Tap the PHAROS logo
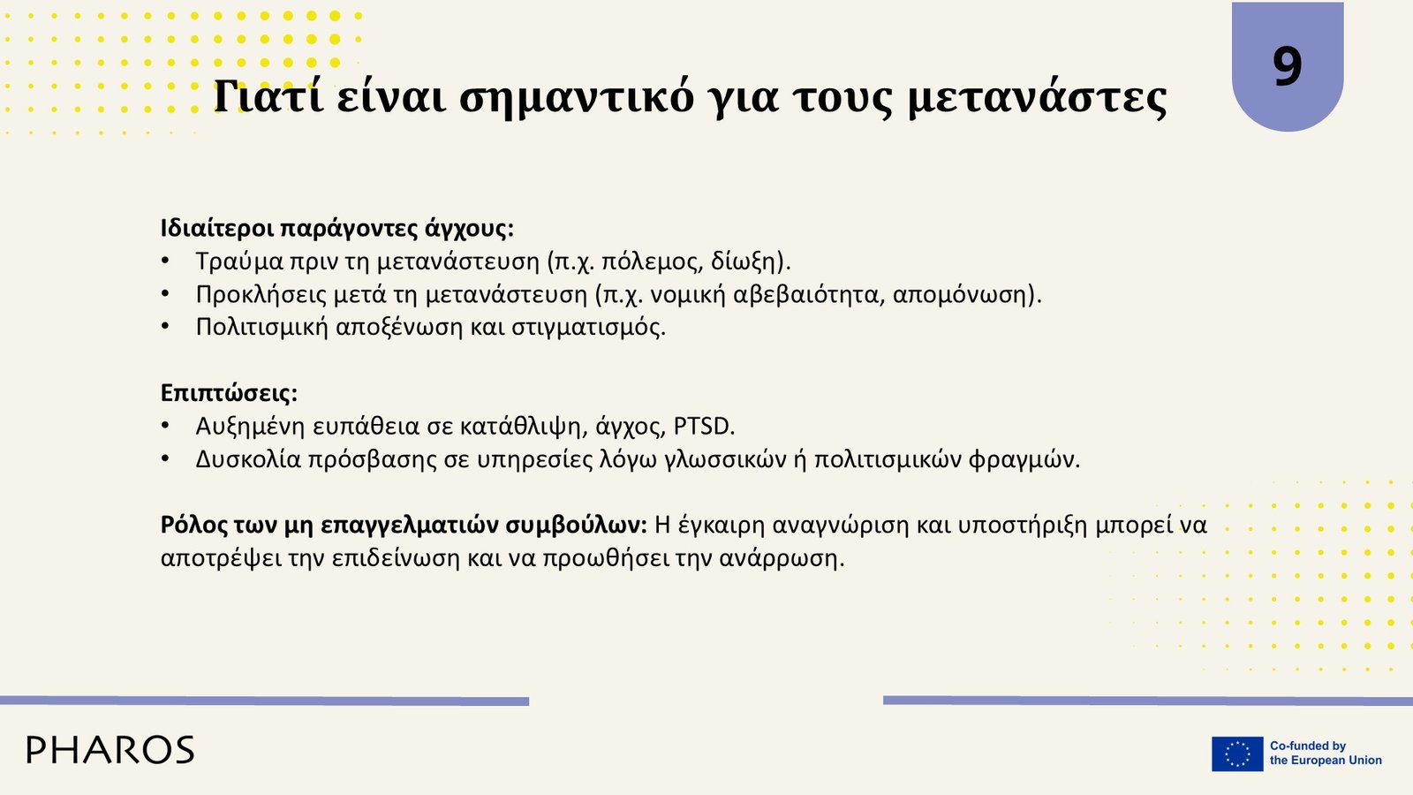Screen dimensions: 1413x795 (x=110, y=750)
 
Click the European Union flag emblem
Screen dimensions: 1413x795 (x=1237, y=754)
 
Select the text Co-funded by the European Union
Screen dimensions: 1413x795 (x=1326, y=753)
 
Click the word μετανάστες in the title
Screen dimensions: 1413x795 (x=1038, y=98)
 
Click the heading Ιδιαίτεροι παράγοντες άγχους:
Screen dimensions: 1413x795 (x=336, y=229)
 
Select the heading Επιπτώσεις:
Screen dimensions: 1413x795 (x=229, y=393)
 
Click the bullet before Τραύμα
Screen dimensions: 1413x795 (x=165, y=261)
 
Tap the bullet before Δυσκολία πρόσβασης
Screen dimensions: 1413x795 (x=165, y=458)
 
